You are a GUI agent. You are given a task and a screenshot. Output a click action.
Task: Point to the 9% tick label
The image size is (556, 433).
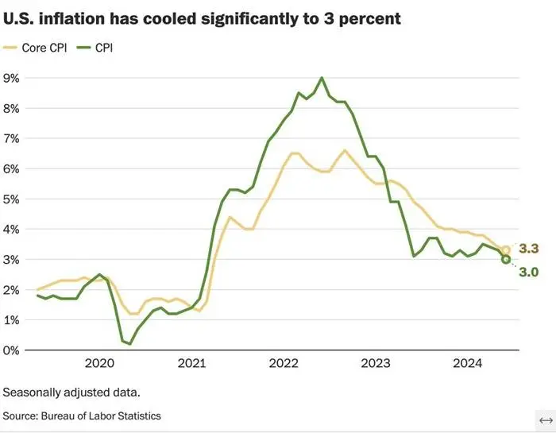point(13,78)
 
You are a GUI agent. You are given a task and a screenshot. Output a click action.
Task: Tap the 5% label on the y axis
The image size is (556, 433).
point(13,199)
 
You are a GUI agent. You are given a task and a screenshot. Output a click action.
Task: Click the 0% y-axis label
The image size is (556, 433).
point(13,350)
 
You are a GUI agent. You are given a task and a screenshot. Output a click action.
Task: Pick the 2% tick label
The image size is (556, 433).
point(13,289)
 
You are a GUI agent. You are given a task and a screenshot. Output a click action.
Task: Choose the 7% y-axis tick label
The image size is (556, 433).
point(13,138)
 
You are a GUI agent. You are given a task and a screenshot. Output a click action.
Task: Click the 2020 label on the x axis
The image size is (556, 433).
point(99,364)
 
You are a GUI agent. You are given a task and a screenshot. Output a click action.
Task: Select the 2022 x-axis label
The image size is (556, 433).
point(284,364)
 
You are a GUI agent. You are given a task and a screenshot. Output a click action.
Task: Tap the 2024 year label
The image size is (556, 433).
point(468,364)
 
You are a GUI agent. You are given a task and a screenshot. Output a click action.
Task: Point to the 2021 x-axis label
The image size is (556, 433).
point(191,364)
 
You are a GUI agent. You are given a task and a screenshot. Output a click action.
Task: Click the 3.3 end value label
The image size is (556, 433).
point(529,249)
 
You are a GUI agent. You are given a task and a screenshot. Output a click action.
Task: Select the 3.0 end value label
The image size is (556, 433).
point(529,273)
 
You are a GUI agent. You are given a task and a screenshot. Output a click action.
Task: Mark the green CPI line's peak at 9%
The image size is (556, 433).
point(322,78)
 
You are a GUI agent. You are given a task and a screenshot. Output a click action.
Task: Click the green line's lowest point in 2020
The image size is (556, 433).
point(129,343)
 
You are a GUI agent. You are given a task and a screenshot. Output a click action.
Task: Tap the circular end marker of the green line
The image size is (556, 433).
point(506,259)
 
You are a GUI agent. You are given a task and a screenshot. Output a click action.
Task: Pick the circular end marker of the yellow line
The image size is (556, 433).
point(506,250)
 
